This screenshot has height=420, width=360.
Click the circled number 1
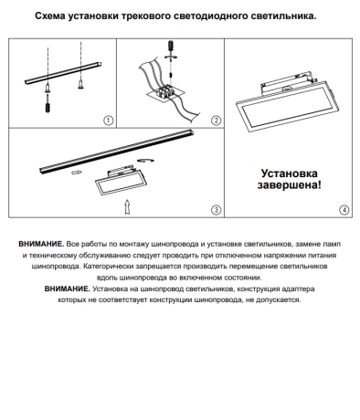point(108,121)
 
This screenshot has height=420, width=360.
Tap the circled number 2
point(217,121)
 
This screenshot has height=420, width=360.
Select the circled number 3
point(217,209)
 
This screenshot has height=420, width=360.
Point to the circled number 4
point(344,209)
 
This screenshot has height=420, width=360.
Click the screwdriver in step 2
point(168,50)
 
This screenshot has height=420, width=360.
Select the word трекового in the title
point(167,16)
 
